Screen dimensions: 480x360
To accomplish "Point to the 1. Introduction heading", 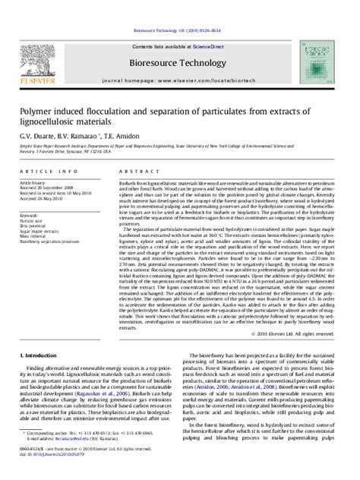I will [x=38, y=333].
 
